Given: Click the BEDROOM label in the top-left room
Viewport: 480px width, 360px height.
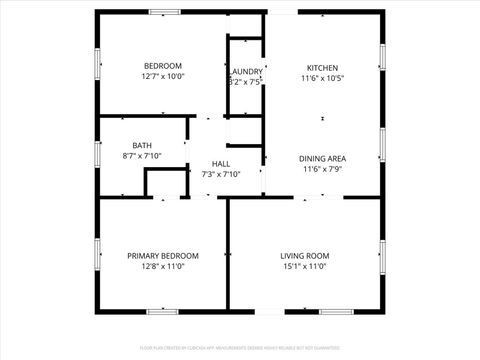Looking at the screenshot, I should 163,65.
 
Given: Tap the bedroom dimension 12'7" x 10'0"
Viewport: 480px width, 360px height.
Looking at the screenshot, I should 163,76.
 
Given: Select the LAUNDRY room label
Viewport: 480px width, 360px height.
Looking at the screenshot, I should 246,72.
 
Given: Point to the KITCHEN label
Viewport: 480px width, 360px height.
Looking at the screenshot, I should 322,67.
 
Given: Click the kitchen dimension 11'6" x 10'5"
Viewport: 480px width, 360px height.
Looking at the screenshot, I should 322,78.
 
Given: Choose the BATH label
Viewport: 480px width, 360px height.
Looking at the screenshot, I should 142,146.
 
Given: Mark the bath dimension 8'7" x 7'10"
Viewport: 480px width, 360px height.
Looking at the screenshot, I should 142,156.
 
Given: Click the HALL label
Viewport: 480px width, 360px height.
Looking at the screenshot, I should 221,164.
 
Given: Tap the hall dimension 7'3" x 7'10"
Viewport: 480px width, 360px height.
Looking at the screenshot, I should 221,175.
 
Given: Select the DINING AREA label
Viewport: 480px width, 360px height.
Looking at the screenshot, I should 322,158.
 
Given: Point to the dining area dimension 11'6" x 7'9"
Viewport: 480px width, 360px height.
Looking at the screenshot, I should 322,169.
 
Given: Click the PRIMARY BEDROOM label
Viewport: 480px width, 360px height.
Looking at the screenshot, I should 163,256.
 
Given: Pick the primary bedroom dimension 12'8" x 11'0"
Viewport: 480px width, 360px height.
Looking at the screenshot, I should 163,267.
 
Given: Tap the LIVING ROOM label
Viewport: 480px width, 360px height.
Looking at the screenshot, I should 304,256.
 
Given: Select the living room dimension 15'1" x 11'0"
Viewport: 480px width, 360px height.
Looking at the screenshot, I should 304,267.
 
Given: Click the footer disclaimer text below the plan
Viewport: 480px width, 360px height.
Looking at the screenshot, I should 240,349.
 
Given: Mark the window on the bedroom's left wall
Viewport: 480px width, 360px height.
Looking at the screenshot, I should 98,63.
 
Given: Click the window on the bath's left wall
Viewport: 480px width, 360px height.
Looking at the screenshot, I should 98,153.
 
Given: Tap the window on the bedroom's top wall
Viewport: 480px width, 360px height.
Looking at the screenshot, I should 164,12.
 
